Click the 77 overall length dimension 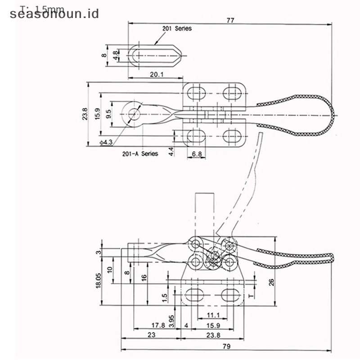230,20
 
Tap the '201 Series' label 177,28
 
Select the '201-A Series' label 140,153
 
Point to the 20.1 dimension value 156,74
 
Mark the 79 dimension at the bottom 226,346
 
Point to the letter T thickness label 252,296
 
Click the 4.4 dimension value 171,152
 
